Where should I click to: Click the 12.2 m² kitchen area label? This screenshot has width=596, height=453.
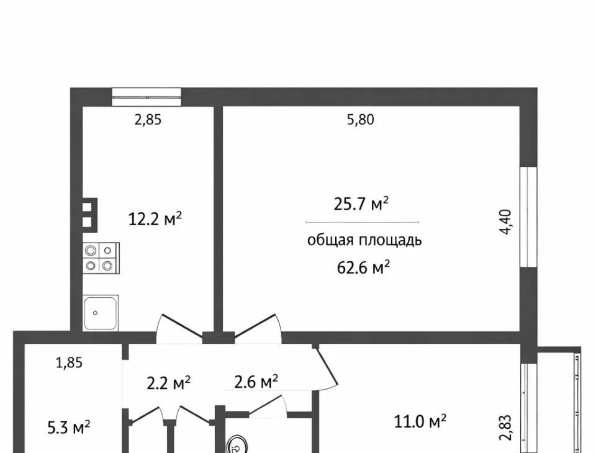click(x=155, y=219)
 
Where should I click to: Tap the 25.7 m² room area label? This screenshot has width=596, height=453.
click(x=361, y=204)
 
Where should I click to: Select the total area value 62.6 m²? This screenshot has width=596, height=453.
click(x=363, y=267)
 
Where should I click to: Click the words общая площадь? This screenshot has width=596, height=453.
click(x=364, y=241)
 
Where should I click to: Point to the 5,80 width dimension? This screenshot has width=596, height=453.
click(x=360, y=120)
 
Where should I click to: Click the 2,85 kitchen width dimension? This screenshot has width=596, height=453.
click(x=148, y=120)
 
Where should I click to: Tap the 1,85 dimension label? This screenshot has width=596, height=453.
click(x=69, y=363)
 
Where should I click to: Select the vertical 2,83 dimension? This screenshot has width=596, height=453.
click(x=506, y=428)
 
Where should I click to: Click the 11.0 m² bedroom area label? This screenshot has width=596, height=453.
click(x=420, y=421)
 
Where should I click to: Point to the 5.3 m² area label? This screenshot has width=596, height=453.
click(x=69, y=428)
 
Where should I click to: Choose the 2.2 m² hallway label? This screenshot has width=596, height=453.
click(x=168, y=383)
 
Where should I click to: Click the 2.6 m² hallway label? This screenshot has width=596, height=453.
click(x=256, y=382)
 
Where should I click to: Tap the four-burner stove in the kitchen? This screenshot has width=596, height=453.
click(x=101, y=258)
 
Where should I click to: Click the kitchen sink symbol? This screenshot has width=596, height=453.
click(x=101, y=313)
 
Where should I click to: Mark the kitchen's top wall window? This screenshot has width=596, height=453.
click(x=147, y=97)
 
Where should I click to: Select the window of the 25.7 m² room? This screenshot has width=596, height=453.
click(x=528, y=217)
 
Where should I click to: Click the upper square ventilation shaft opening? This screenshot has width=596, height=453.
click(x=87, y=207)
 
